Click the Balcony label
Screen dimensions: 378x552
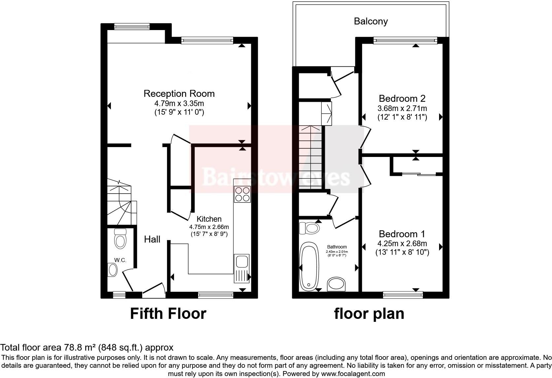click(370, 21)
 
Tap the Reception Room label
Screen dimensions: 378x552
click(179, 94)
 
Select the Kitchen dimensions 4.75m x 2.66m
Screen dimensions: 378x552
click(209, 227)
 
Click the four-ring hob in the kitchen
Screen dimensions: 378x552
click(242, 194)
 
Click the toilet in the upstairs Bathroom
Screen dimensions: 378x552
click(309, 228)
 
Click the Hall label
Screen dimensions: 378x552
click(152, 239)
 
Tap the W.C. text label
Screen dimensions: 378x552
click(120, 260)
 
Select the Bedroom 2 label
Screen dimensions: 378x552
click(402, 98)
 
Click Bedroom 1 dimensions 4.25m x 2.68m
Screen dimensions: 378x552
click(402, 244)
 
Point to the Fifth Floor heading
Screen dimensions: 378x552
click(168, 313)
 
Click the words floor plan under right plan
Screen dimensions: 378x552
click(369, 313)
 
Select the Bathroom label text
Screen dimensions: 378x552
click(337, 247)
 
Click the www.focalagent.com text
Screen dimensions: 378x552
click(353, 374)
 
